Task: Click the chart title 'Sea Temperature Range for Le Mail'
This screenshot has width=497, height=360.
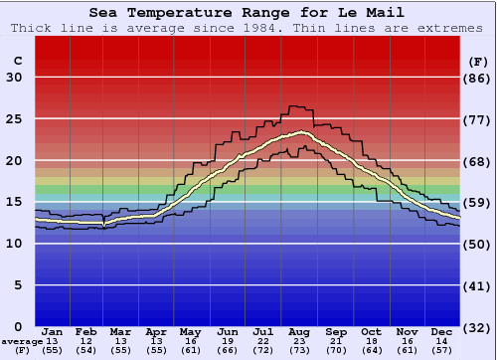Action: (247, 13)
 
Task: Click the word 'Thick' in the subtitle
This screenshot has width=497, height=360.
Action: (34, 28)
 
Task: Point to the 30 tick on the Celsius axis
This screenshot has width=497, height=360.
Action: (14, 79)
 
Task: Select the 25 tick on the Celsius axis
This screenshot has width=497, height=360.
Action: (14, 119)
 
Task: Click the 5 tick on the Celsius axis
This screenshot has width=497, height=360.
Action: (18, 285)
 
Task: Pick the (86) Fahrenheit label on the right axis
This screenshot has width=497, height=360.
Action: (479, 79)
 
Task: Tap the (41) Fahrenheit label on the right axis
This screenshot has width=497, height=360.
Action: (479, 285)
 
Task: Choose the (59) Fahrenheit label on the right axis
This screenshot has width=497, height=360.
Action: (479, 203)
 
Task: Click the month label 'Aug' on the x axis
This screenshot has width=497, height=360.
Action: (298, 331)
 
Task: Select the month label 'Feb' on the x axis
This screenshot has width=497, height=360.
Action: (86, 331)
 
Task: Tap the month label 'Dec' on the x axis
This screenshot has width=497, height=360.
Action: (442, 331)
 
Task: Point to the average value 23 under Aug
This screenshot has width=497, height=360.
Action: (298, 341)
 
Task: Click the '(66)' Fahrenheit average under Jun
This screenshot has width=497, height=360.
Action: (227, 351)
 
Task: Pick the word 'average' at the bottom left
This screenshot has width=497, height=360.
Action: (22, 341)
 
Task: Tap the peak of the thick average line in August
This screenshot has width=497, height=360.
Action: (301, 131)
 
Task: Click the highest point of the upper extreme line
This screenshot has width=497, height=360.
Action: (296, 105)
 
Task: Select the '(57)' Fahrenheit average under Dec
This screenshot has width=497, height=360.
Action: (442, 351)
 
